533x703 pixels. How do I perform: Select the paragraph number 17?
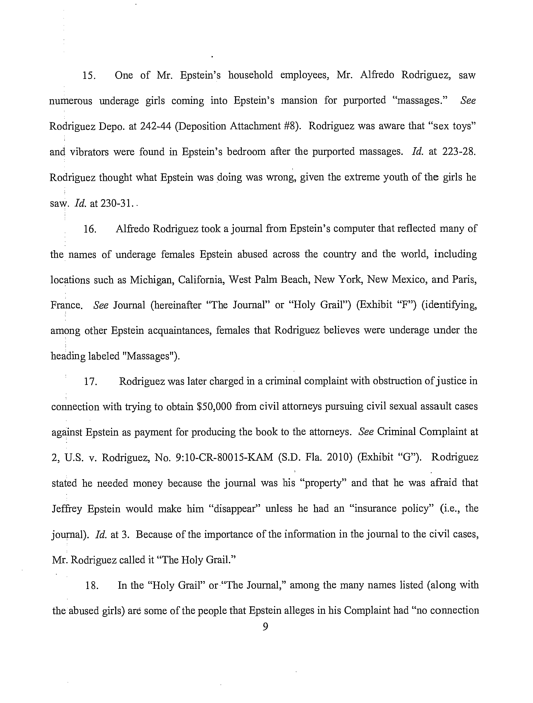(90, 381)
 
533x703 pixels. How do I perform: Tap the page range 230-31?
(115, 203)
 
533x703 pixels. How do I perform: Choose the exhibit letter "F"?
(407, 305)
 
